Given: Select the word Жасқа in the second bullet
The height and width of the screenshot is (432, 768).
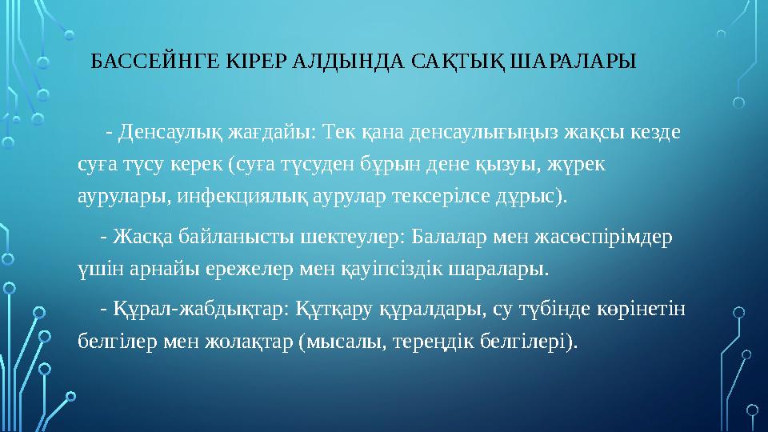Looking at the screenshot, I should (141, 238).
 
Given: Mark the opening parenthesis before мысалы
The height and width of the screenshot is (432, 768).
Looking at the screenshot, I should (301, 342).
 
